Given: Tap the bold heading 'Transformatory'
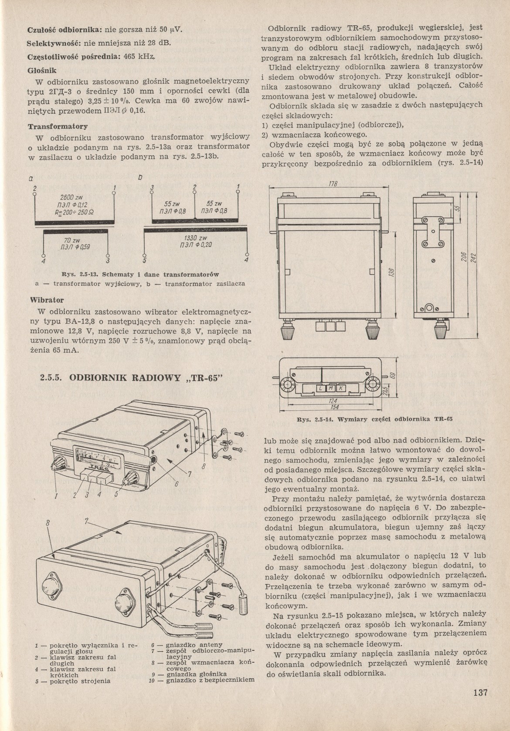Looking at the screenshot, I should pyautogui.click(x=58, y=127).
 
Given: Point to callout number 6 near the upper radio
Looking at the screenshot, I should pyautogui.click(x=177, y=484).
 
